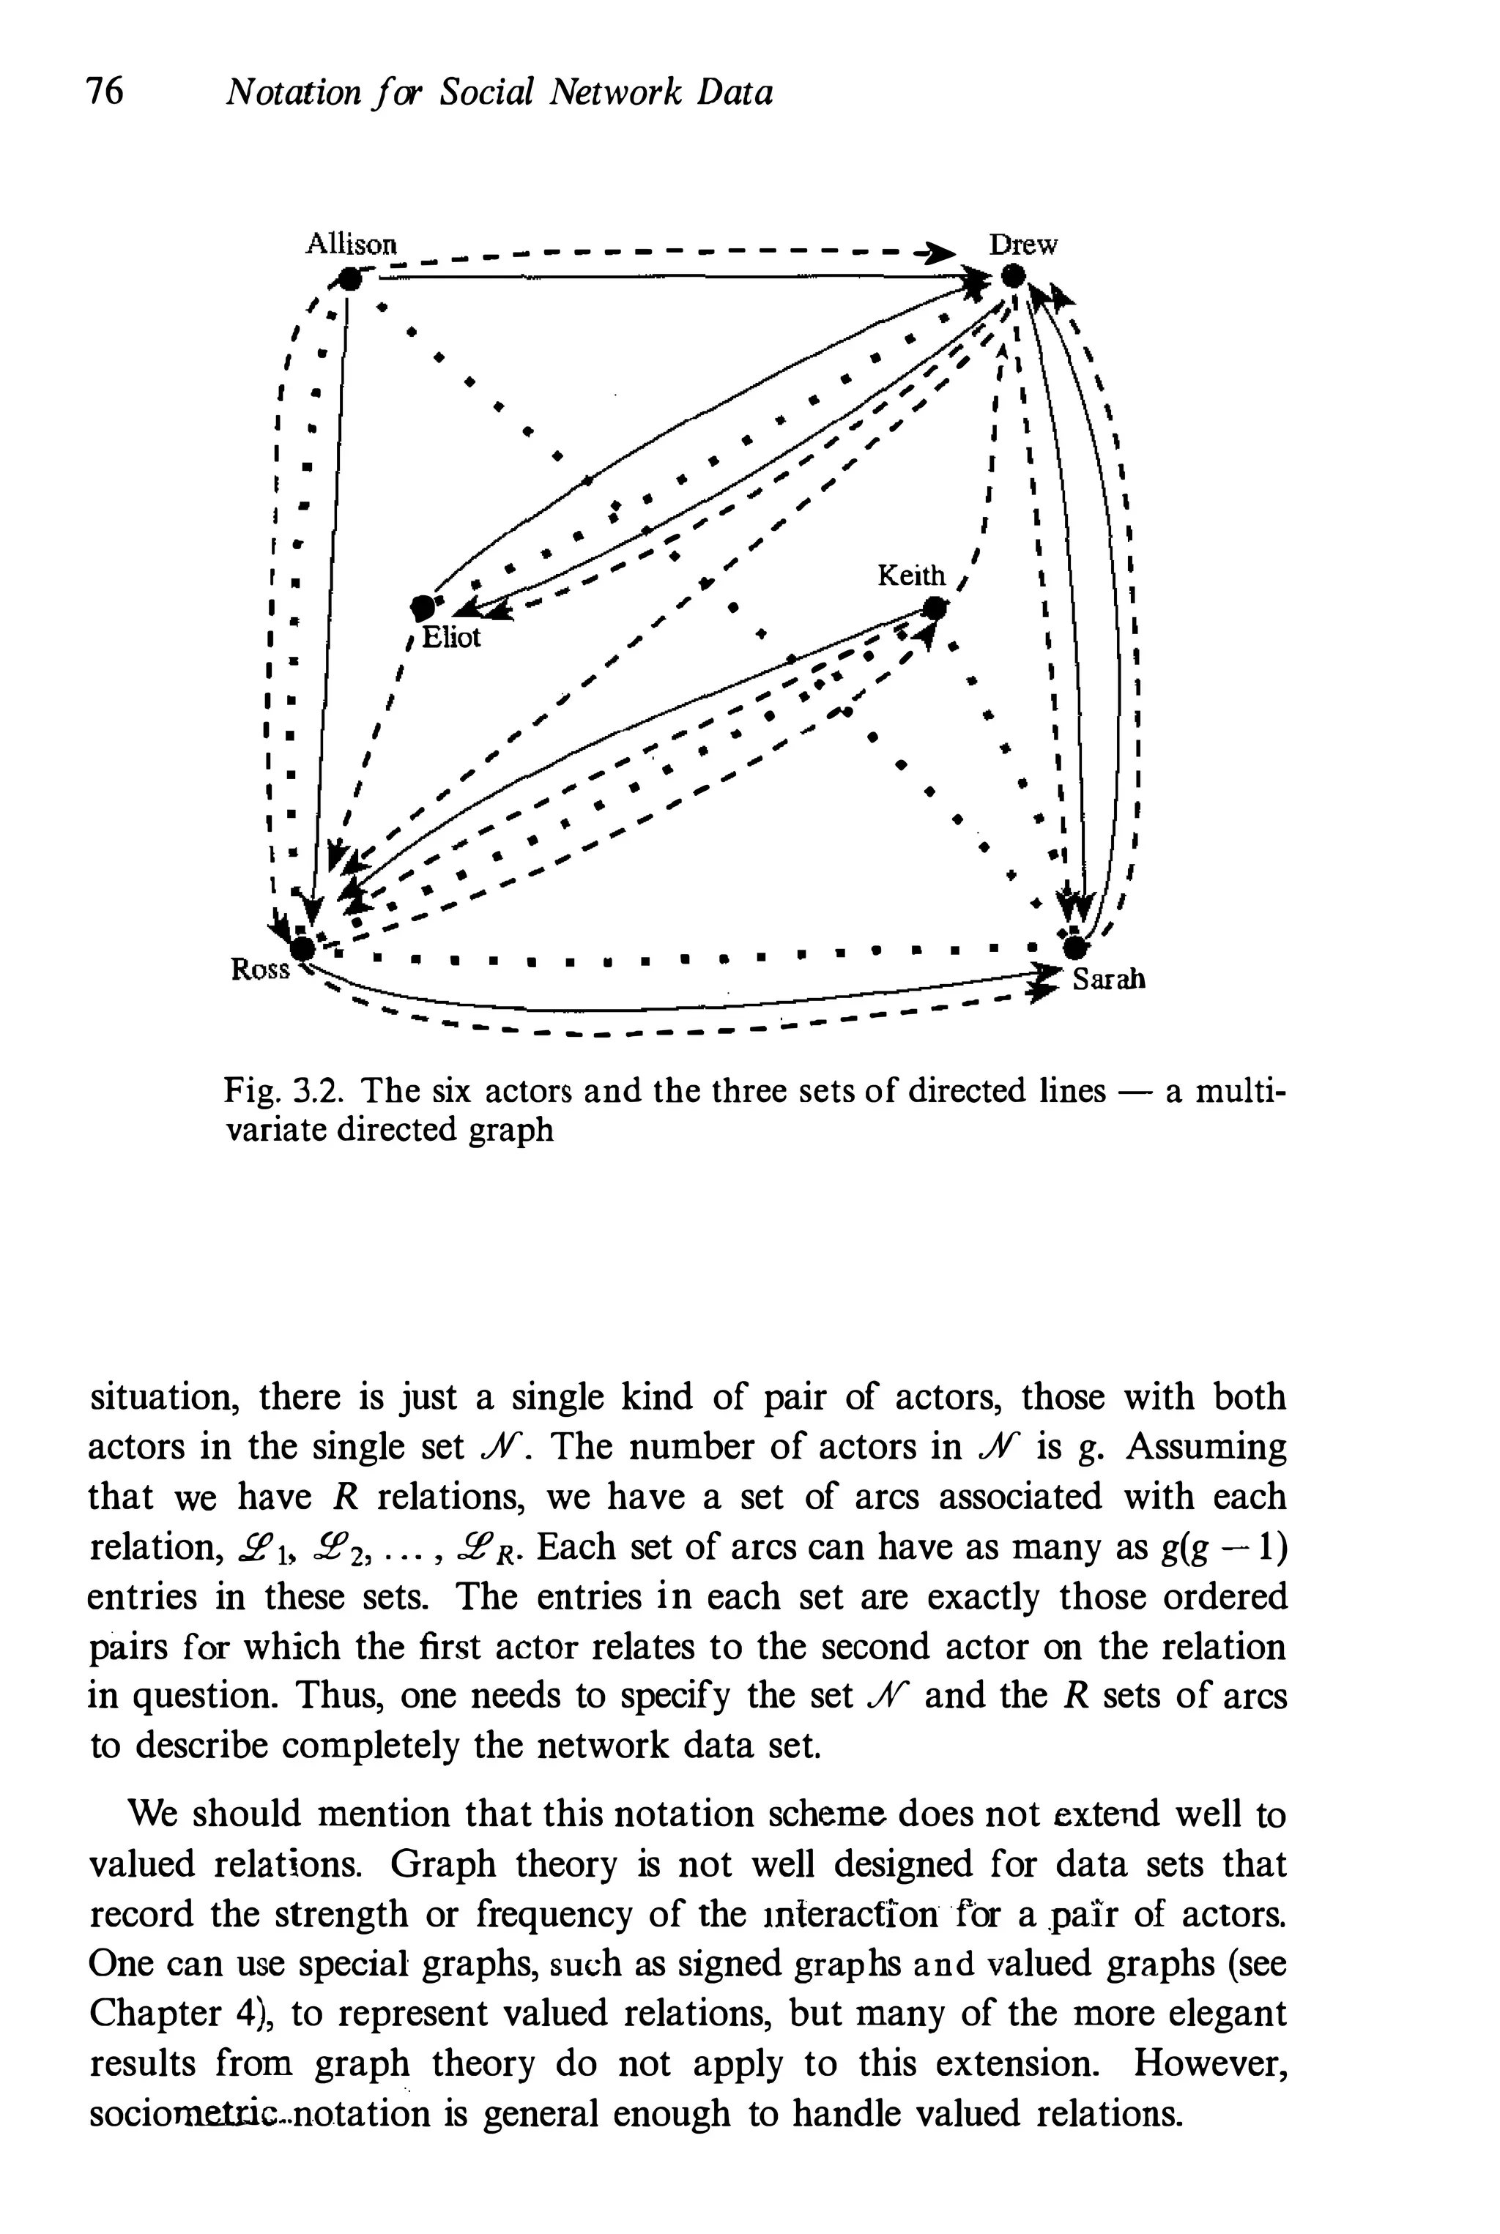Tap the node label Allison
pos(350,244)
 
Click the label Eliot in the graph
pos(450,637)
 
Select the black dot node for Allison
pos(352,278)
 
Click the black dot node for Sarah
pos(1075,947)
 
